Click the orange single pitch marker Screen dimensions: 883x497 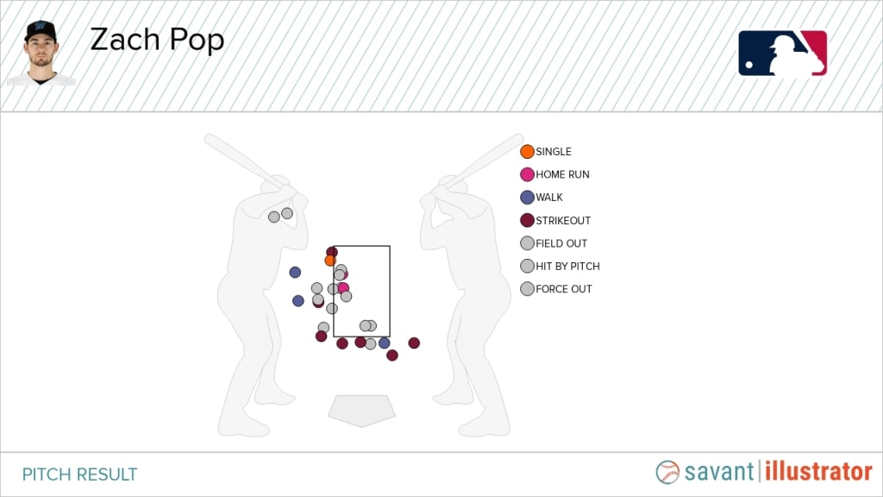click(x=330, y=261)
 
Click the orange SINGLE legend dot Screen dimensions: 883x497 click(x=527, y=152)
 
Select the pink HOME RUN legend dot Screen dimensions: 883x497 click(x=527, y=174)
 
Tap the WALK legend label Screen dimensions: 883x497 click(x=549, y=198)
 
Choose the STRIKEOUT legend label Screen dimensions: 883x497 click(x=563, y=220)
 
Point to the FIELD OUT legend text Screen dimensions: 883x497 click(x=561, y=243)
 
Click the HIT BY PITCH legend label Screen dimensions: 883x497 click(x=567, y=266)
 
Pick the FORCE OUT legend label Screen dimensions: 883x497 click(x=564, y=289)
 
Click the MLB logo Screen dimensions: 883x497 click(x=783, y=53)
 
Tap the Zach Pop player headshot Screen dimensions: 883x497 click(x=41, y=53)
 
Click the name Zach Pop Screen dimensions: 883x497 click(x=157, y=41)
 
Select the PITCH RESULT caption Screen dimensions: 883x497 click(x=79, y=475)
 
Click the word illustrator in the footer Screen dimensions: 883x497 click(x=818, y=472)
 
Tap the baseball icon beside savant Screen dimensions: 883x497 click(x=668, y=472)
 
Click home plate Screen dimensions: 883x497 click(x=361, y=411)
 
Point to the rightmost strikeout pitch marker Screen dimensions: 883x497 click(x=414, y=343)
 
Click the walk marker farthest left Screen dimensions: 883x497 click(x=295, y=272)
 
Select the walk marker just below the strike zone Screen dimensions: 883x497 click(x=384, y=343)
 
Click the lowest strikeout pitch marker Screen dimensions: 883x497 click(x=392, y=355)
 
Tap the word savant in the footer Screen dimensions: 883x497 click(x=719, y=472)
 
